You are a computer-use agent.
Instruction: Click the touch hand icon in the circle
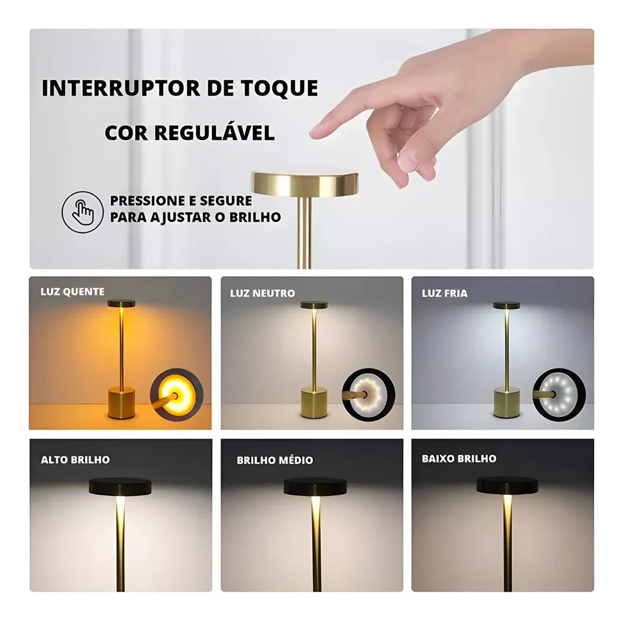pos(83,212)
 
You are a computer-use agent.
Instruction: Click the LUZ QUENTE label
pos(72,291)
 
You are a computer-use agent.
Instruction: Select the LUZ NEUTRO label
pos(263,294)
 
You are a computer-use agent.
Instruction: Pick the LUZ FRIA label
pos(445,294)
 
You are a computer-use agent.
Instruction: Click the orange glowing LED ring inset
pos(177,395)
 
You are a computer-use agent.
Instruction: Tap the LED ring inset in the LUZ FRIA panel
pos(559,395)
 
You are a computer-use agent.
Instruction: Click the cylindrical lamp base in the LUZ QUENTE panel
pos(121,403)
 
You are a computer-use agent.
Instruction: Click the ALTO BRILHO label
pos(75,460)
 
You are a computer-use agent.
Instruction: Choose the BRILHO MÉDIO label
pos(275,460)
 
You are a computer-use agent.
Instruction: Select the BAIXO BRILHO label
pos(459,458)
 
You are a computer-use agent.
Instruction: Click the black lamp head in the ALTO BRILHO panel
pos(120,486)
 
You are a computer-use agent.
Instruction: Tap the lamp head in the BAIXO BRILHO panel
pos(507,486)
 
